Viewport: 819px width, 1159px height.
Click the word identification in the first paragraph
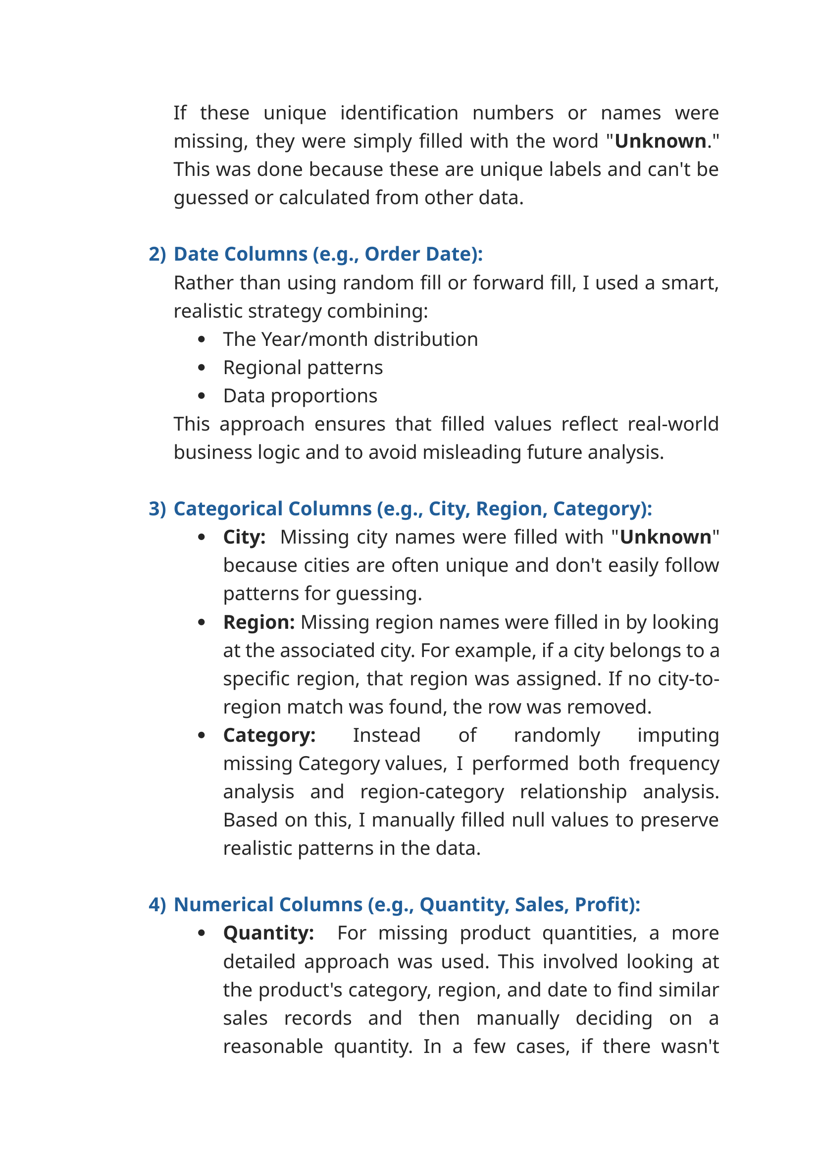point(399,113)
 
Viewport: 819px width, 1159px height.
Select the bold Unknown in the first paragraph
point(660,141)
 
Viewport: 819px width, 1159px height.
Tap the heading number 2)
point(157,254)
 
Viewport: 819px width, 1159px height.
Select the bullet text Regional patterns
point(303,368)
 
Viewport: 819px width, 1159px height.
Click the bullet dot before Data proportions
point(202,396)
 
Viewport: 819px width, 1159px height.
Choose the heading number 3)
point(157,509)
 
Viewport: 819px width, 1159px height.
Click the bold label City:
point(245,537)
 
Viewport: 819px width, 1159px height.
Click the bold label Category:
point(269,735)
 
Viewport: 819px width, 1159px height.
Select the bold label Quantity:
point(269,934)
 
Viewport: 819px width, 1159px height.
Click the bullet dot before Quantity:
point(202,934)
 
